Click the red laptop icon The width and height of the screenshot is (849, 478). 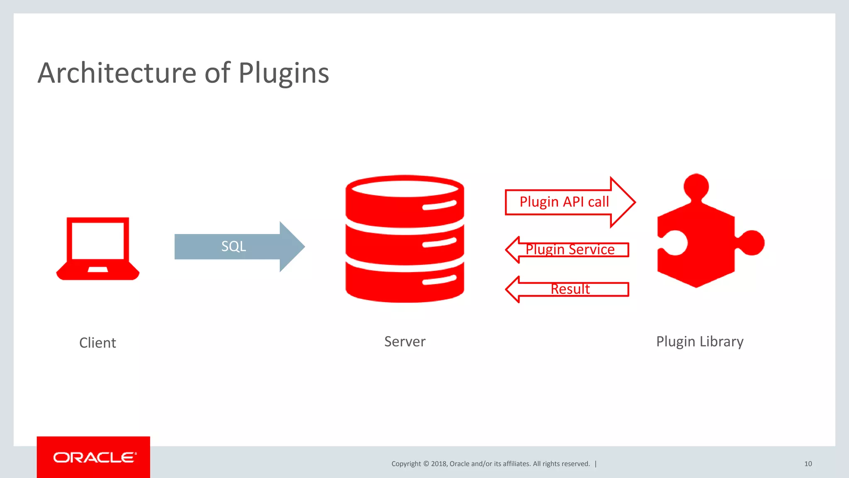98,249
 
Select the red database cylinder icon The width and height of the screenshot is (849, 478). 405,239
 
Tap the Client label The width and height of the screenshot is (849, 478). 97,343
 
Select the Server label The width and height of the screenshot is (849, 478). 405,341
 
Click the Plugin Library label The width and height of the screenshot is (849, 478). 700,341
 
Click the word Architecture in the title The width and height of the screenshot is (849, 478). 117,73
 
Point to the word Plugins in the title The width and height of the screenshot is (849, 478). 284,73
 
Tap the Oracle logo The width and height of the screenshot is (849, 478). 94,457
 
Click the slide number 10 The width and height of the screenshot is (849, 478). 808,464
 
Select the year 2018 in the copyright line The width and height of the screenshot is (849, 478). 439,464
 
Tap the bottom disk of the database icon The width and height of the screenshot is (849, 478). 405,282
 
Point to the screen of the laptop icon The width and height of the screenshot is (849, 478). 98,241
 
